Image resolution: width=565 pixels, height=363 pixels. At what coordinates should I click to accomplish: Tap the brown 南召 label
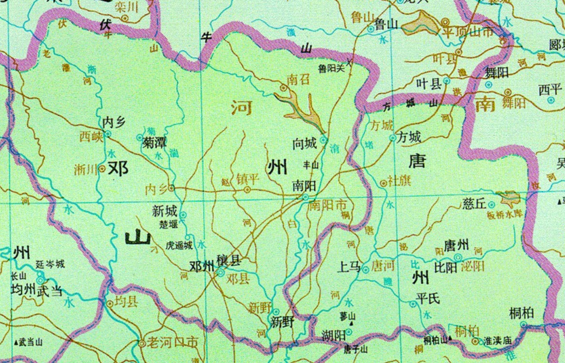[x=299, y=80]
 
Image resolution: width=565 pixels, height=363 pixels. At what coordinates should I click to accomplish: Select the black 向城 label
[x=306, y=144]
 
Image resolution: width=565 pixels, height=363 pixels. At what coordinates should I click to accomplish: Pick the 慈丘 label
[x=473, y=204]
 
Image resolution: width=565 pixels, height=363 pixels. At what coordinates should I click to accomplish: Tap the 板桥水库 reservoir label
[x=507, y=214]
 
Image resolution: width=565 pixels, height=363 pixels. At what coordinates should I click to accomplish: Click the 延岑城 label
[x=50, y=265]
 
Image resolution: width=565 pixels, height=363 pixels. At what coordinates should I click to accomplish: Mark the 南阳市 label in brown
[x=328, y=206]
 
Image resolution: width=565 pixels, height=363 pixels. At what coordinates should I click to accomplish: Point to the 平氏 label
[x=428, y=298]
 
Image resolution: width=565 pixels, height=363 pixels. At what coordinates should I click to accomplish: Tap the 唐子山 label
[x=356, y=350]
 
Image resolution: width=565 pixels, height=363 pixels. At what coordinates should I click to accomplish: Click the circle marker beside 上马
[x=365, y=269]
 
